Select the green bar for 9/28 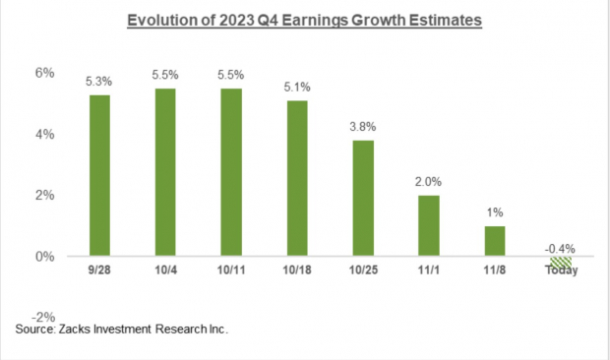(x=100, y=175)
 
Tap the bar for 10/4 (x=165, y=172)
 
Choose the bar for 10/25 (x=363, y=198)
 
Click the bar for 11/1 (x=428, y=225)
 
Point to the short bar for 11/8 (x=493, y=241)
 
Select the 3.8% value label (x=363, y=127)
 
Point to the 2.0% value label (x=428, y=181)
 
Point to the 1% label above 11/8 (x=493, y=212)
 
